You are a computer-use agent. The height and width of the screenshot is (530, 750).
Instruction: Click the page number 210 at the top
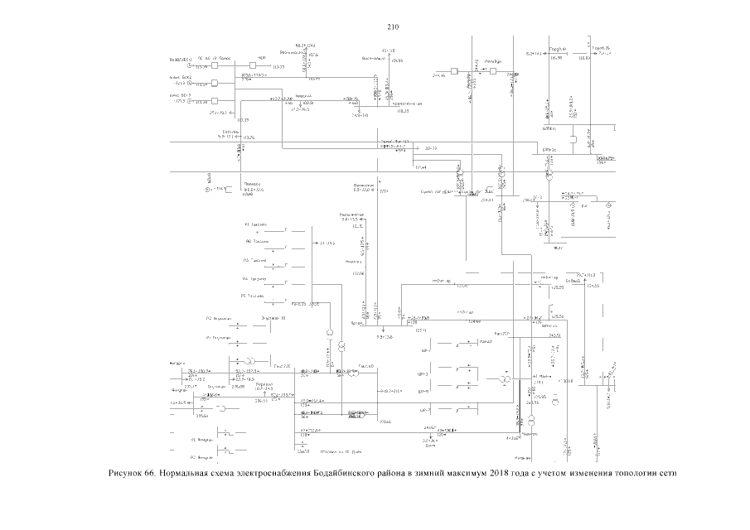point(394,26)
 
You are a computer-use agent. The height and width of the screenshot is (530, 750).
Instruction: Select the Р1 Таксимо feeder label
point(254,224)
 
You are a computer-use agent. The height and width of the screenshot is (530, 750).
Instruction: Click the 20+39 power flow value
point(431,147)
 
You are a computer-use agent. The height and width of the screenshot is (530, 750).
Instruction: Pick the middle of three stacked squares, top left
point(214,83)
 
